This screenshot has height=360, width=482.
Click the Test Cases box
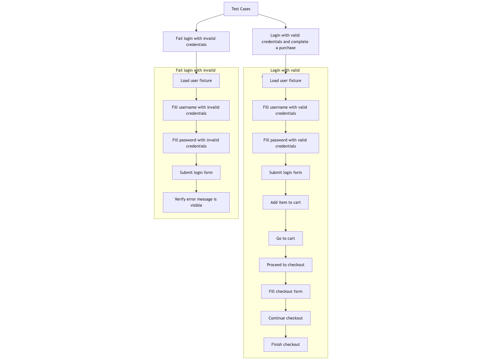241,9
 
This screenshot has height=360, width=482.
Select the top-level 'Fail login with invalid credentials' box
196,41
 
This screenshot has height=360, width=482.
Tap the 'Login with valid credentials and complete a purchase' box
285,41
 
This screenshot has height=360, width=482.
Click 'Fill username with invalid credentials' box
196,110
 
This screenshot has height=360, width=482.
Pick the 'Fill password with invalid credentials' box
196,143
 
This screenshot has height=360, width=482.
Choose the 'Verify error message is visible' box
196,202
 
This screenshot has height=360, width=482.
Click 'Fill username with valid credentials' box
285,110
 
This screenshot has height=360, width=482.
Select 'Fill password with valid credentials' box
285,143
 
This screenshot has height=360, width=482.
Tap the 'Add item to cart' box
285,203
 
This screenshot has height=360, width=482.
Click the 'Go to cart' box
285,239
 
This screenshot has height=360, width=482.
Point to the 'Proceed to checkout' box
285,265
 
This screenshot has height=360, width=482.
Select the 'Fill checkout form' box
285,292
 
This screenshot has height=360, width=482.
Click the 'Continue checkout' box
285,318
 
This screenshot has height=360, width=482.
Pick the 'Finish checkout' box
285,345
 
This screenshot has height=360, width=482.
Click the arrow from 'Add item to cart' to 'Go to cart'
286,221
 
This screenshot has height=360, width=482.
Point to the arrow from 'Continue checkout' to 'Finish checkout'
286,331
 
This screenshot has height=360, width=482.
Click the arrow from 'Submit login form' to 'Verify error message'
196,186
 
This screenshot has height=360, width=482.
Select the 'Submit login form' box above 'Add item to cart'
285,173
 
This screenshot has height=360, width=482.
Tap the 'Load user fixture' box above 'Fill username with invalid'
196,81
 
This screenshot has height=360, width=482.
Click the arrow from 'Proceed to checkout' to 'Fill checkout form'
286,278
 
